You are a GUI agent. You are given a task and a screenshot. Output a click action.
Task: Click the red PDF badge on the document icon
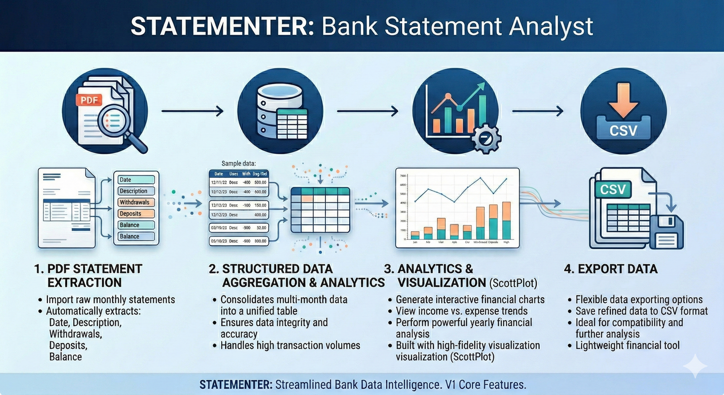(89, 100)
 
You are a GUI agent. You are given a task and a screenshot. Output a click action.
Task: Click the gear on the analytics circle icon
(486, 138)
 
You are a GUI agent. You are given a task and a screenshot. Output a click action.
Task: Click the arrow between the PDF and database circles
(192, 111)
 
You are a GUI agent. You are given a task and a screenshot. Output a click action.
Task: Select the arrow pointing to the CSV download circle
(538, 111)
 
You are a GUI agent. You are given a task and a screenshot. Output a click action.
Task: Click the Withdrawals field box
(136, 202)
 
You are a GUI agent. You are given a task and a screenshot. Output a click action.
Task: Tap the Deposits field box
(136, 214)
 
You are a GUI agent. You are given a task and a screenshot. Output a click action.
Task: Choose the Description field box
(136, 191)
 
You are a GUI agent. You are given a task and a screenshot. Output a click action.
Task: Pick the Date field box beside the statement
(136, 180)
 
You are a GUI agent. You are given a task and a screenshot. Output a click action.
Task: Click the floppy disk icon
(666, 232)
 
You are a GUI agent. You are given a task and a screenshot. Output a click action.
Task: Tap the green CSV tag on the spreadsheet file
(613, 189)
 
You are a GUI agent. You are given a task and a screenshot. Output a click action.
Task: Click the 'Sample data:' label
(238, 163)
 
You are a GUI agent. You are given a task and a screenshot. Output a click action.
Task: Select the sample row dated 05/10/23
(239, 241)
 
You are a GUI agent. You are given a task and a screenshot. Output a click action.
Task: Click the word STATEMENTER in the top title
(221, 26)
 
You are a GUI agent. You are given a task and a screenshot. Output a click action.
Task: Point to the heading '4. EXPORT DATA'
(610, 269)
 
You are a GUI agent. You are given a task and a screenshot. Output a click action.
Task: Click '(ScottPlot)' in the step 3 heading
(513, 283)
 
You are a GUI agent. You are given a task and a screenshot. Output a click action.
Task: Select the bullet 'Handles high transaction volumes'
(290, 346)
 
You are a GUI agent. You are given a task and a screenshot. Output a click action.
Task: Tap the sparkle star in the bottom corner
(695, 366)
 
